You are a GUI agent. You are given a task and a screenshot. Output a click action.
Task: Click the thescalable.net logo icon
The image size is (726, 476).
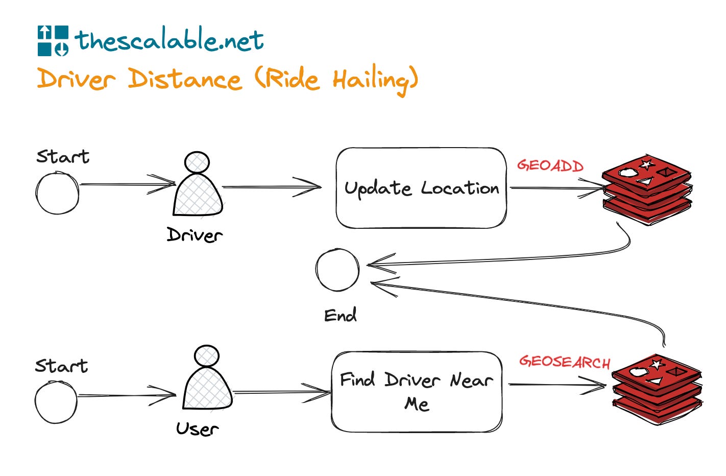(53, 40)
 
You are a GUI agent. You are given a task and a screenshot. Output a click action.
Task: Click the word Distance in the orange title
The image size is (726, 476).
(184, 80)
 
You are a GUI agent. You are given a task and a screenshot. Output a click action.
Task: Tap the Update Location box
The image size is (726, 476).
(421, 188)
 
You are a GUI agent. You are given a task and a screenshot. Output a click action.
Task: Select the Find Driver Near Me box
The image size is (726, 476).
(417, 392)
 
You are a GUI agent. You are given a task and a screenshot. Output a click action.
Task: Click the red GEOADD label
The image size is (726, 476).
(550, 165)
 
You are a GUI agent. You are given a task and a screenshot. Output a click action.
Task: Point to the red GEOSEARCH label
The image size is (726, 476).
(565, 362)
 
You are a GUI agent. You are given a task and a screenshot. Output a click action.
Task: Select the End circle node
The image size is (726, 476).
(337, 270)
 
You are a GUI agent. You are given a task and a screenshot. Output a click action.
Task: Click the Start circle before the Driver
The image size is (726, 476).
(58, 193)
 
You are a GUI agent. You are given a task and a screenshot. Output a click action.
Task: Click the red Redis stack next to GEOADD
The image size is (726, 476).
(647, 189)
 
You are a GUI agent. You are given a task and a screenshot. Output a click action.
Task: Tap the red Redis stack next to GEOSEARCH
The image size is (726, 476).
(657, 388)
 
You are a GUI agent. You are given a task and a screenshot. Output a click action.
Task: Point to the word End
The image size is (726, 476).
(340, 315)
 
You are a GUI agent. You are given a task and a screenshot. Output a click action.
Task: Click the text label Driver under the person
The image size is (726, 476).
(195, 235)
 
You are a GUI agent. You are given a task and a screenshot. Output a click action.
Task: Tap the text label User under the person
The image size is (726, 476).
(197, 429)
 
